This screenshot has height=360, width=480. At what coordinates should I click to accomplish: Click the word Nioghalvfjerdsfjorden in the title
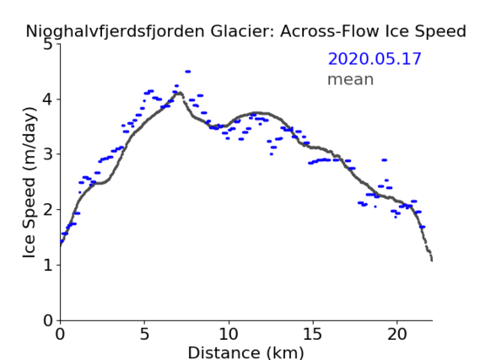tap(115, 32)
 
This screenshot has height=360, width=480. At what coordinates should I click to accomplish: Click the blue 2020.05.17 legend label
tap(375, 59)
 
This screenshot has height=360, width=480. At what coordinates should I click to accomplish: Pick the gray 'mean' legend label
tap(351, 79)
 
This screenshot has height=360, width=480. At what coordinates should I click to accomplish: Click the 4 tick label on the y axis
tap(48, 99)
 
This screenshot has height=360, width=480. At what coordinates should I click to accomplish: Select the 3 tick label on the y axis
tap(48, 154)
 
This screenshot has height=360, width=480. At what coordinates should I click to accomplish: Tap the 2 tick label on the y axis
tap(48, 210)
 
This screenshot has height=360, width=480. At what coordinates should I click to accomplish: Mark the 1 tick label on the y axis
tap(48, 265)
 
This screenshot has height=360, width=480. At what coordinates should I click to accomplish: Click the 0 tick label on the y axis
tap(48, 320)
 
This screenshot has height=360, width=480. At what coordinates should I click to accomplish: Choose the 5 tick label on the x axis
tap(144, 334)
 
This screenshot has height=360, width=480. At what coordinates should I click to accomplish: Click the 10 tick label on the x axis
tap(229, 334)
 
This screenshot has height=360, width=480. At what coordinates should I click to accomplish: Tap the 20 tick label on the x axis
tap(397, 334)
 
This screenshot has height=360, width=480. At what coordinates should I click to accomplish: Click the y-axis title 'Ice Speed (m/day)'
tap(30, 183)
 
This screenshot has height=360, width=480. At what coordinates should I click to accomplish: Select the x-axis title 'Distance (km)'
tap(245, 352)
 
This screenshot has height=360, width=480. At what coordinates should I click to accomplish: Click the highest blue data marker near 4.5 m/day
tap(188, 72)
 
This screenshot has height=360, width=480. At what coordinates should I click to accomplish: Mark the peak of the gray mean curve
tap(180, 93)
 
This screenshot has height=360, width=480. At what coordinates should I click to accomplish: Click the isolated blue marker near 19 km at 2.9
tap(385, 160)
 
